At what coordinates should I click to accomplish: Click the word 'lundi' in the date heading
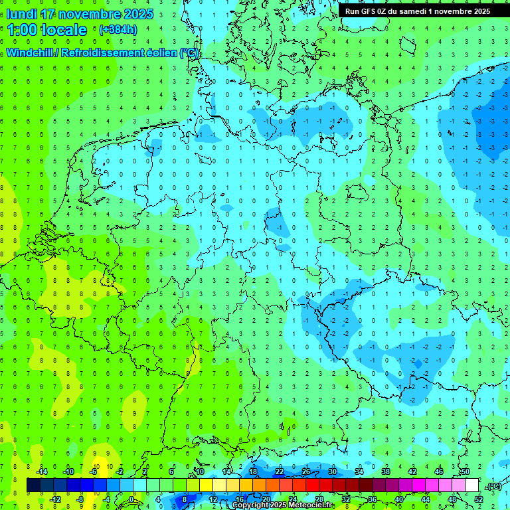(21, 14)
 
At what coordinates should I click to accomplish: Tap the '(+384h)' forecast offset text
(118, 29)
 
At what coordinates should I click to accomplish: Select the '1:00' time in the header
(21, 30)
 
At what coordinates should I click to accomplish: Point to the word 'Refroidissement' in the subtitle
(100, 52)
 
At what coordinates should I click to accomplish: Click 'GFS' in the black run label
(368, 11)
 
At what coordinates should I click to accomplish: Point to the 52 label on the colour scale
(479, 499)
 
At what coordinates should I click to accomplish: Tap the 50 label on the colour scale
(466, 471)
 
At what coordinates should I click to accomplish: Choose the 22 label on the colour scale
(280, 471)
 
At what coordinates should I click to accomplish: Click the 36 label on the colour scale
(373, 499)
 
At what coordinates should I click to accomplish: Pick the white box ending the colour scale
(471, 485)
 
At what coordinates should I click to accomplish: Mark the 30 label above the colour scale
(333, 471)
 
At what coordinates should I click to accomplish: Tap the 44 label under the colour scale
(426, 499)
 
